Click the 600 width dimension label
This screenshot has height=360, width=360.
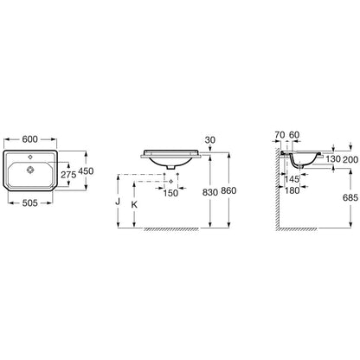point(30,139)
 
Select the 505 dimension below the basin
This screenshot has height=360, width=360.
point(30,203)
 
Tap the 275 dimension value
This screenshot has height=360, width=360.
point(68,174)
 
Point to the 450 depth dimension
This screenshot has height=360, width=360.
point(86,171)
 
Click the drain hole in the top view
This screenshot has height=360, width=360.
point(30,170)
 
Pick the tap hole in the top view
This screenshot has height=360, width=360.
point(30,157)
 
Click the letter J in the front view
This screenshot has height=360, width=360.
point(118,202)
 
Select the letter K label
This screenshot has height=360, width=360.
point(134,205)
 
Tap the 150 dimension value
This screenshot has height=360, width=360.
point(170,193)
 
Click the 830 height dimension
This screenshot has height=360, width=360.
point(210,192)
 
